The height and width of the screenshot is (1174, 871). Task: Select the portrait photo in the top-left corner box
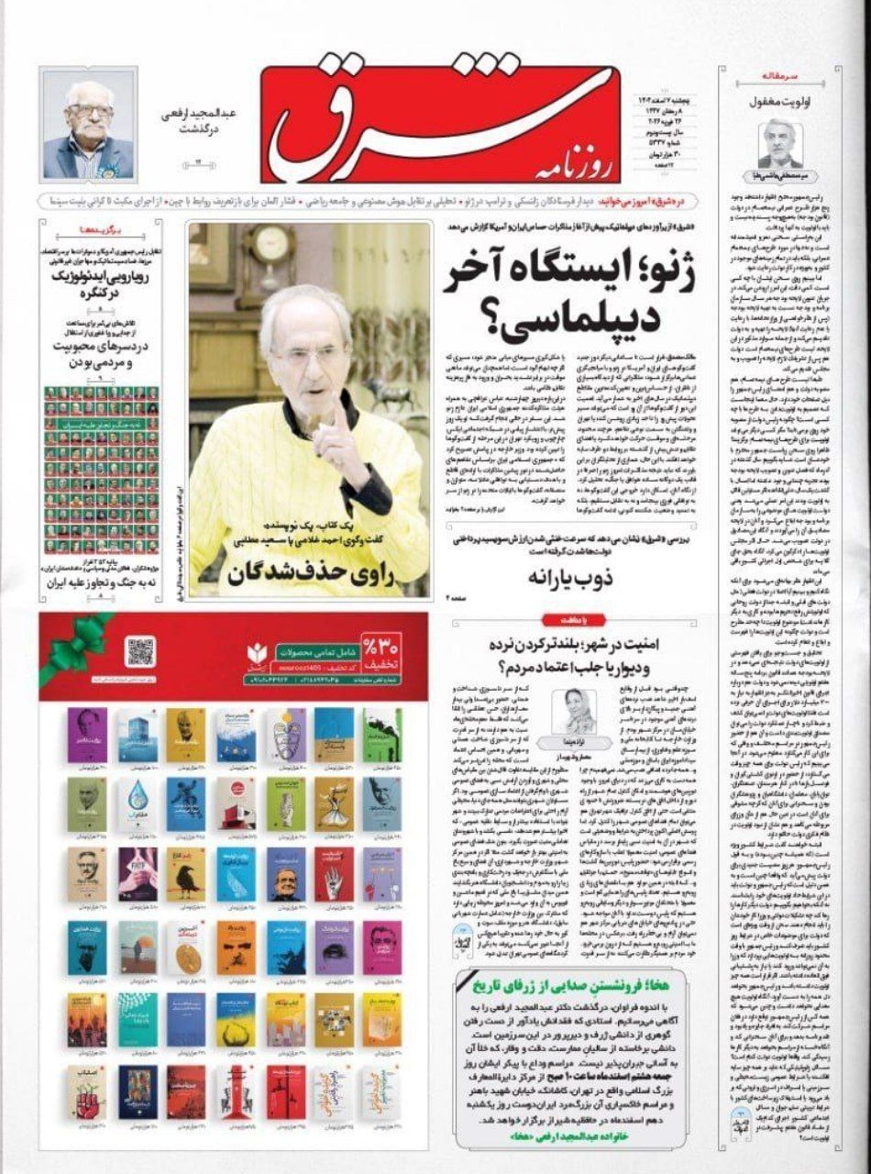click(x=89, y=127)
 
